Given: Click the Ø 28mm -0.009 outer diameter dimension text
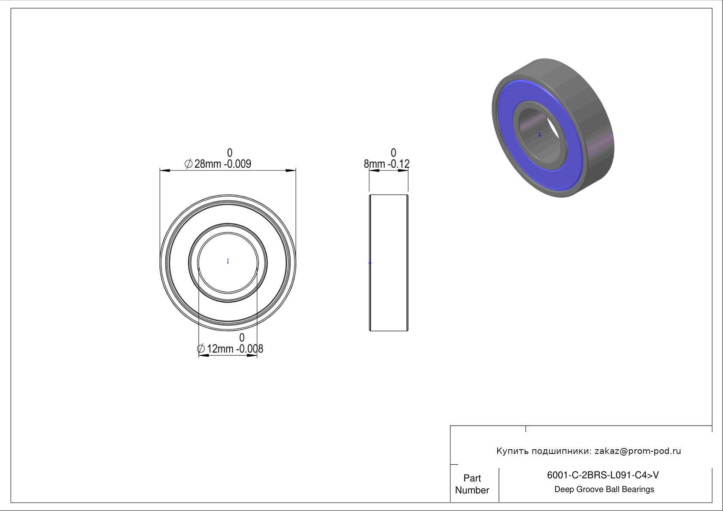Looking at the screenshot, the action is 218,164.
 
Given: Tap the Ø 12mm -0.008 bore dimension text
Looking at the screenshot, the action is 230,349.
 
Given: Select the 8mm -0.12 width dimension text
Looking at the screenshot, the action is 387,164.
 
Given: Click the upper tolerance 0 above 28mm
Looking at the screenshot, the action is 230,153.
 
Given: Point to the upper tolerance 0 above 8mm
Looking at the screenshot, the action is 393,153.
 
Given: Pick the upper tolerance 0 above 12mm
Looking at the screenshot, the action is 242,337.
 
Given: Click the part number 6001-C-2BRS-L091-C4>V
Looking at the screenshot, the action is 603,475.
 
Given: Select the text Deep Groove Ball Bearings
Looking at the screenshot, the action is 604,490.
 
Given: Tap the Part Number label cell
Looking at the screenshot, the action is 472,484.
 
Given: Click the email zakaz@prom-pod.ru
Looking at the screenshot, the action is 638,451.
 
